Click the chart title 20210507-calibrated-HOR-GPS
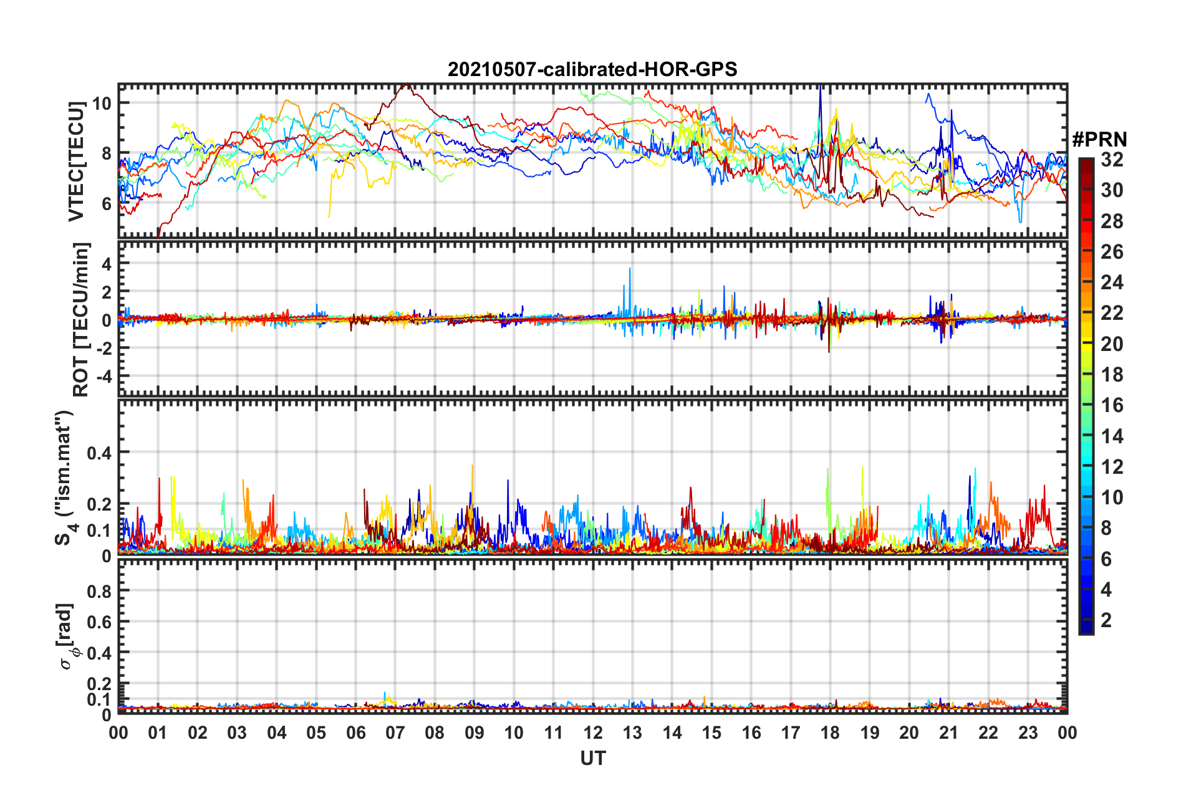[592, 69]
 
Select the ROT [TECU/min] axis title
[81, 319]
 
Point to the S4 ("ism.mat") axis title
[65, 478]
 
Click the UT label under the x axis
[592, 758]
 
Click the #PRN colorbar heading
[1099, 140]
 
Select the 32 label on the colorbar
[1112, 160]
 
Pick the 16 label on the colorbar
[1112, 405]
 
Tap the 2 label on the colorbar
[1106, 620]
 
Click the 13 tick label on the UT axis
[632, 733]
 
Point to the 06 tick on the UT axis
[355, 733]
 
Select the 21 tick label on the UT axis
[948, 733]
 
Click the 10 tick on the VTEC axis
[102, 103]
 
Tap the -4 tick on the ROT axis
[103, 377]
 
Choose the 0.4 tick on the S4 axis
[99, 453]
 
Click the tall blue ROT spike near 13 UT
[630, 269]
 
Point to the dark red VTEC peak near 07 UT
[406, 85]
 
